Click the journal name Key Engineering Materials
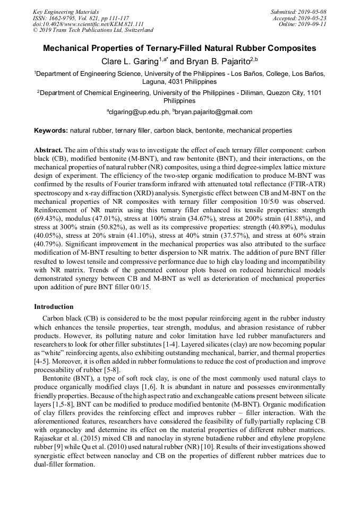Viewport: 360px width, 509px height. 66,12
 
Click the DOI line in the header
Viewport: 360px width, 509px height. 88,24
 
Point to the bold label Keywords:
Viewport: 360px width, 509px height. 51,130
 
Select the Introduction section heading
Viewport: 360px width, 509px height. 54,307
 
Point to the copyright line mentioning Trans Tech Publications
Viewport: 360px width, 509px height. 93,31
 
